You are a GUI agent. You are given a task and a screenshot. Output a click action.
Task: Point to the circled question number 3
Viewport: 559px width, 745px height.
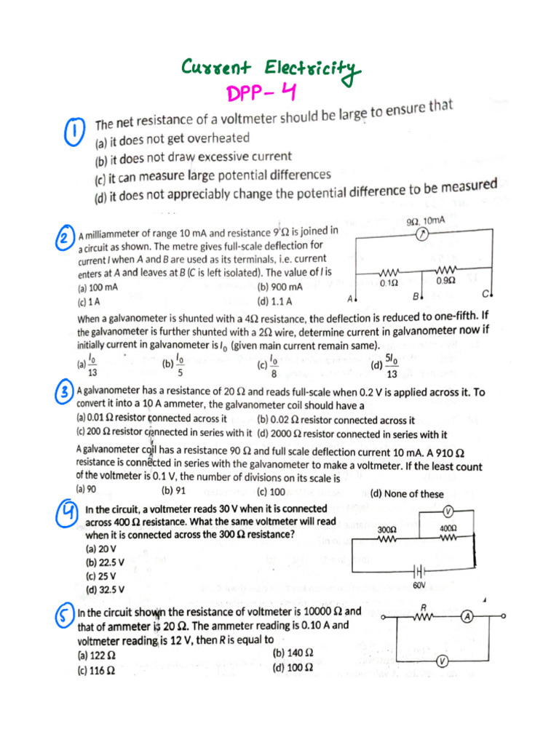point(65,393)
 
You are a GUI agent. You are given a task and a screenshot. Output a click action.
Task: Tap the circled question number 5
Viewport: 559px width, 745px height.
point(65,618)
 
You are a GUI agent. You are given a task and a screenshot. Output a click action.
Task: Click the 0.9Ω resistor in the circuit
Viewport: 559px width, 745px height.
point(445,271)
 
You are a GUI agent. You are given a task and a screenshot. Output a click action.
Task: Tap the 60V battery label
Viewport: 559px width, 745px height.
point(419,584)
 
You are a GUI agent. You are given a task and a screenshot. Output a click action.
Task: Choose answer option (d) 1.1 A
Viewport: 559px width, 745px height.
point(274,300)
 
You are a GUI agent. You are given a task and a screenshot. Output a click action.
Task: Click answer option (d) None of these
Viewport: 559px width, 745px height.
point(407,494)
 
